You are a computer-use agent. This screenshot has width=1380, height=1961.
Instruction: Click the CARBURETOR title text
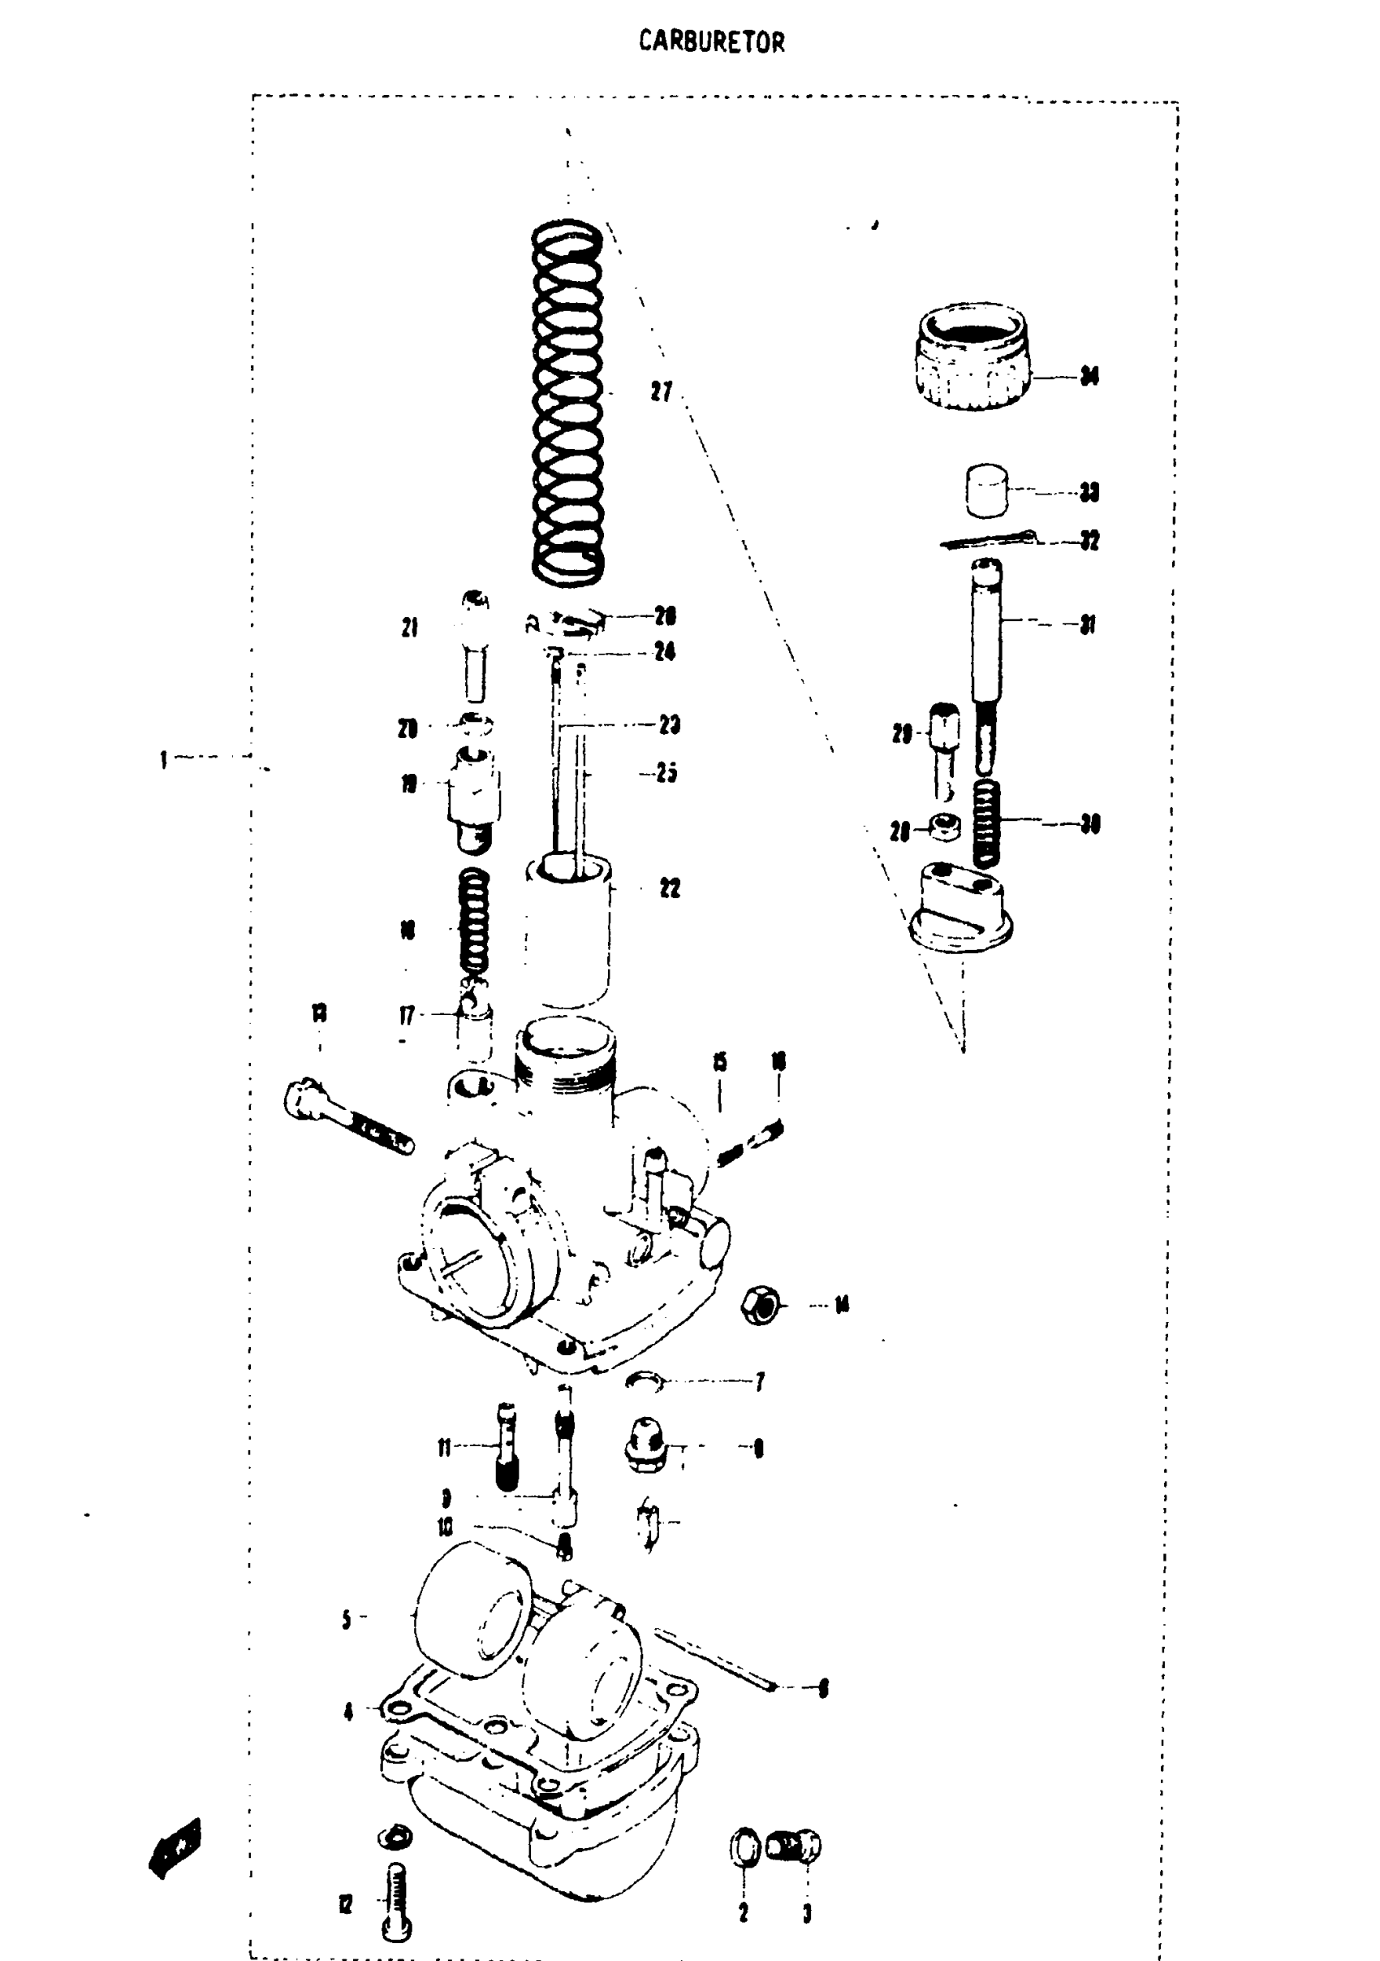[711, 41]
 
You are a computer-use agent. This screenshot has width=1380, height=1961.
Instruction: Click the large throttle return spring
[568, 401]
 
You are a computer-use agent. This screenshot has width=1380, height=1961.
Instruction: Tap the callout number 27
[661, 392]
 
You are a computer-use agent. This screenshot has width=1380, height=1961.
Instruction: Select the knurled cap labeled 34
[972, 356]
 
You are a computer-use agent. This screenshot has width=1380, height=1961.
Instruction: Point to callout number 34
[1089, 376]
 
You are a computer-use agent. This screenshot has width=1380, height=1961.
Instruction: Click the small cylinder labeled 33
[986, 490]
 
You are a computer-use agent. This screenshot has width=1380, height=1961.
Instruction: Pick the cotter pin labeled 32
[989, 540]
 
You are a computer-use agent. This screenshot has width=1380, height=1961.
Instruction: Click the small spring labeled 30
[986, 823]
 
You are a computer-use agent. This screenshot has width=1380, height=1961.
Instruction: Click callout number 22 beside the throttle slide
[670, 888]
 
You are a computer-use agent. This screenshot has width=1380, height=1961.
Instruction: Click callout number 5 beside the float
[346, 1619]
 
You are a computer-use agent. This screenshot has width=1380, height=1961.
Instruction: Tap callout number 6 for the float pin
[823, 1687]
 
